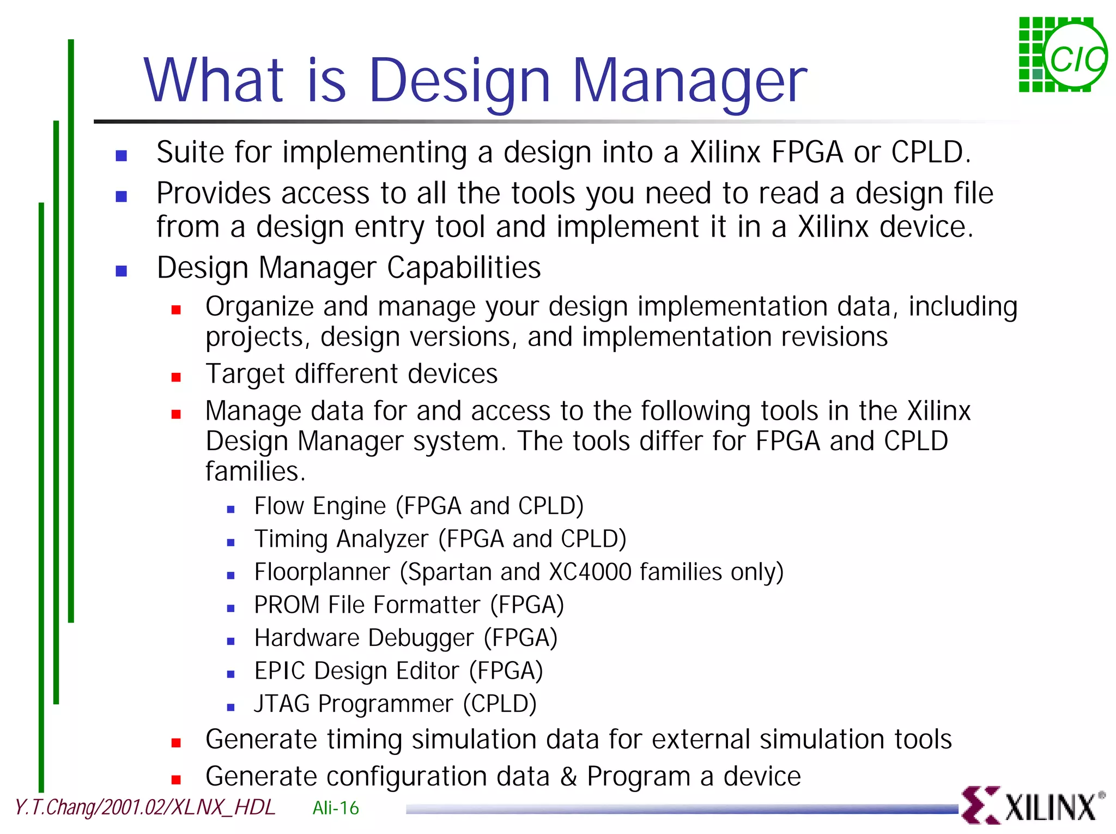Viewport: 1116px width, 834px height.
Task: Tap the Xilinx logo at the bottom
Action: pos(1032,805)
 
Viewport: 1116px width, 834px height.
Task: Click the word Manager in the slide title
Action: pos(689,82)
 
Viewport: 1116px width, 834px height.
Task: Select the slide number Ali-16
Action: pos(336,808)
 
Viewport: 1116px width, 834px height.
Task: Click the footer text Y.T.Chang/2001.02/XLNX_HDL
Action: pos(145,807)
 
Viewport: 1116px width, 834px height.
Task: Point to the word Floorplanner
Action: pos(322,572)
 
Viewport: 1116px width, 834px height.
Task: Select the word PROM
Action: pos(287,605)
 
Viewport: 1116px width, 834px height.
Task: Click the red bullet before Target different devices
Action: pos(176,377)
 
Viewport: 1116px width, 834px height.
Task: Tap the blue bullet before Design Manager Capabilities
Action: pos(122,271)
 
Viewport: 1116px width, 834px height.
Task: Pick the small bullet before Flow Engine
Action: pos(231,510)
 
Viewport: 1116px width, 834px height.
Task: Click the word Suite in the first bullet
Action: pos(190,152)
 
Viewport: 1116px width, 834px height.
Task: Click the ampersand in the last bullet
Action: pos(568,777)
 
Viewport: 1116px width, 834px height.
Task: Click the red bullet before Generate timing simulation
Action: pos(176,742)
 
